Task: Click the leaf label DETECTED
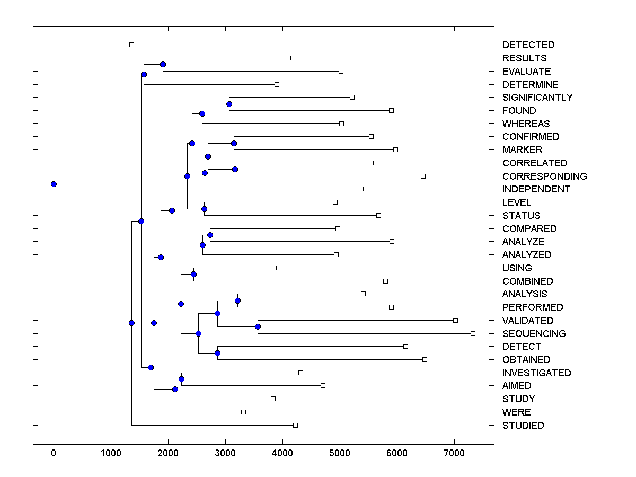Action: coord(528,45)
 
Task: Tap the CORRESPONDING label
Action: coord(544,176)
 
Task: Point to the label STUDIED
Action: coord(523,425)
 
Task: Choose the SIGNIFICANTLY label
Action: coord(537,98)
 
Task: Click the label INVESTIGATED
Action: coord(536,373)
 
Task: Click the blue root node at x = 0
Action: coord(54,184)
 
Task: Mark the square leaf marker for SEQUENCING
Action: coord(473,333)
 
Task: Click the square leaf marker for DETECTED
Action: coord(132,45)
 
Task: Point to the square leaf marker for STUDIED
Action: coord(295,425)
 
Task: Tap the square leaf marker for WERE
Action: coord(243,412)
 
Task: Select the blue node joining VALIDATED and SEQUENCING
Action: coord(258,326)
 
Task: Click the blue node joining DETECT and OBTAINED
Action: coord(217,353)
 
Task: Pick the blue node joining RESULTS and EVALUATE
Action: coord(163,65)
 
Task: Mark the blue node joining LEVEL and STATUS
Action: coord(204,209)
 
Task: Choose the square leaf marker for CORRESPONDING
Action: coord(423,176)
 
